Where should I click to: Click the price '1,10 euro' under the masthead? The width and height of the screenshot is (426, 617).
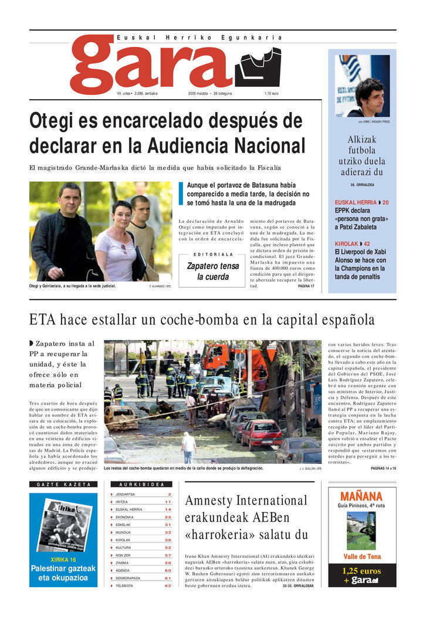click(271, 94)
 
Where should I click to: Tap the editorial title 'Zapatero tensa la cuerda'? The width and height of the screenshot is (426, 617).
click(213, 271)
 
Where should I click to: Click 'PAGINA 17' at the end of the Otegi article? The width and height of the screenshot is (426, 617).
click(306, 286)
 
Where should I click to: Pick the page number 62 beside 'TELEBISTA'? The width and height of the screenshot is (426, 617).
click(168, 585)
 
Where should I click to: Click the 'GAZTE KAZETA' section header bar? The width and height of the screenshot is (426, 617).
click(63, 484)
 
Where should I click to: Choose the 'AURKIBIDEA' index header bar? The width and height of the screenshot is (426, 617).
click(141, 484)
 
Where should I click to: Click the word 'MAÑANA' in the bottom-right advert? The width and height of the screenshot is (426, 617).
click(361, 496)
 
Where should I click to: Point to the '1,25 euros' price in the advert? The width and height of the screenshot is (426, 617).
click(361, 571)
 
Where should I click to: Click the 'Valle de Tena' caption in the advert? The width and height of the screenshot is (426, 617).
click(361, 557)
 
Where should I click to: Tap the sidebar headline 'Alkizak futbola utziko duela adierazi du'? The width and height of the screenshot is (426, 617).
click(362, 156)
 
